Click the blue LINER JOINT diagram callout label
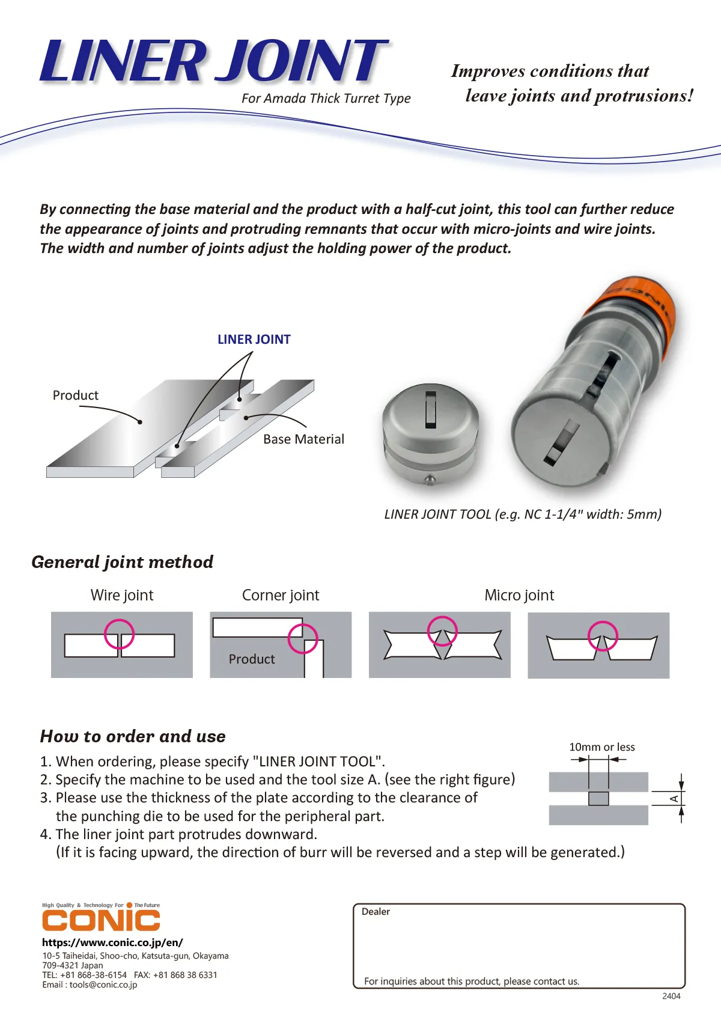pyautogui.click(x=254, y=340)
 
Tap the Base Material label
pyautogui.click(x=303, y=439)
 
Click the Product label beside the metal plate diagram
pyautogui.click(x=75, y=395)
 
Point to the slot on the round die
pyautogui.click(x=430, y=409)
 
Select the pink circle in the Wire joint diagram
pyautogui.click(x=119, y=634)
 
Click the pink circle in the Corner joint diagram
pyautogui.click(x=302, y=638)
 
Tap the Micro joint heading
pyautogui.click(x=519, y=595)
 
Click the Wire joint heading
pyautogui.click(x=122, y=595)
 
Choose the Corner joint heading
pyautogui.click(x=281, y=595)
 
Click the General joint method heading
pyautogui.click(x=123, y=562)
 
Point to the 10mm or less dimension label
pyautogui.click(x=601, y=747)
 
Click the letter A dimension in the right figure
pyautogui.click(x=674, y=798)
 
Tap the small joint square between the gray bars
pyautogui.click(x=598, y=798)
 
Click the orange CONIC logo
pyautogui.click(x=101, y=920)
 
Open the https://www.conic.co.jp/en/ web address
pyautogui.click(x=112, y=942)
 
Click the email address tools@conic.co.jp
pyautogui.click(x=103, y=985)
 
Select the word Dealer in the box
pyautogui.click(x=376, y=912)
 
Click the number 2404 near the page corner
pyautogui.click(x=671, y=996)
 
